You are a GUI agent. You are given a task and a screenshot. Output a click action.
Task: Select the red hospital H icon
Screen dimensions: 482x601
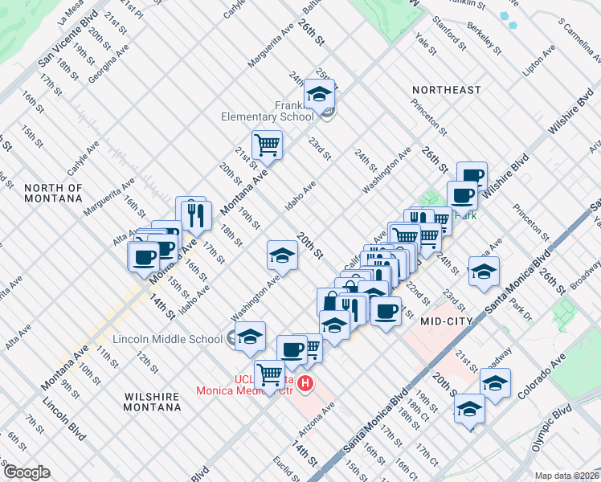click(x=305, y=386)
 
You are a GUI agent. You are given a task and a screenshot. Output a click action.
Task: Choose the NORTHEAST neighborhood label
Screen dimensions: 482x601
click(x=446, y=90)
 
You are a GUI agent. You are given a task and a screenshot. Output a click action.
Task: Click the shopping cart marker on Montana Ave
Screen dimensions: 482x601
click(x=267, y=145)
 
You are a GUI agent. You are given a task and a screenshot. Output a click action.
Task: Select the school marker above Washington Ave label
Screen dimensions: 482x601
click(x=282, y=255)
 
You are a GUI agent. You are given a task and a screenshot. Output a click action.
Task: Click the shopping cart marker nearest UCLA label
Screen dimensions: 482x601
click(x=269, y=374)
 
